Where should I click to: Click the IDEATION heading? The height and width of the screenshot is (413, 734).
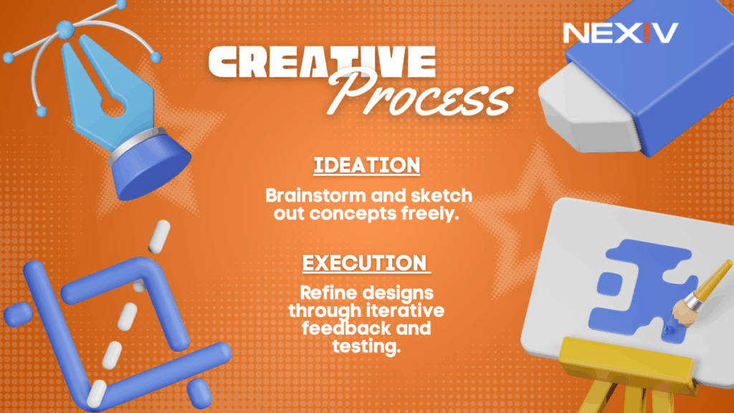tap(366, 165)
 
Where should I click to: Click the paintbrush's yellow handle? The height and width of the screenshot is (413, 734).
tap(714, 276)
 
